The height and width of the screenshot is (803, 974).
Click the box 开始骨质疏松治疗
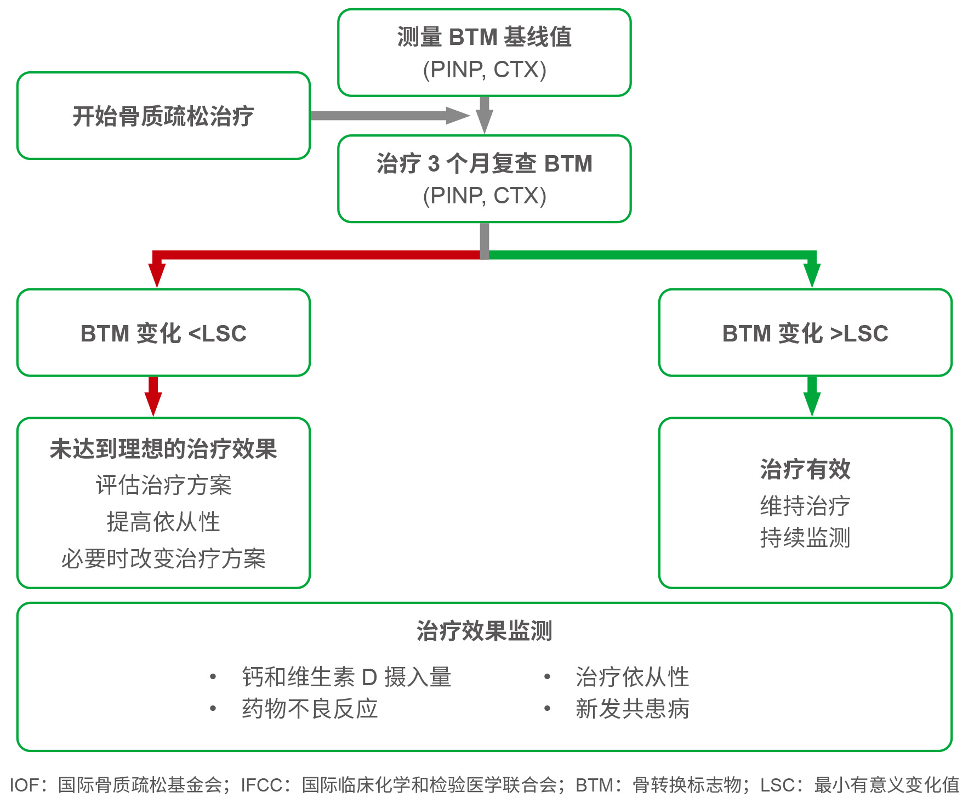pyautogui.click(x=163, y=116)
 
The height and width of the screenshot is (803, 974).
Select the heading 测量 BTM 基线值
pyautogui.click(x=485, y=37)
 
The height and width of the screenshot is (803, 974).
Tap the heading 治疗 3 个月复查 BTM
pyautogui.click(x=485, y=164)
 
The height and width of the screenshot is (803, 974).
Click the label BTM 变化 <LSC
pyautogui.click(x=163, y=333)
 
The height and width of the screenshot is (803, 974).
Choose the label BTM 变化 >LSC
pyautogui.click(x=805, y=333)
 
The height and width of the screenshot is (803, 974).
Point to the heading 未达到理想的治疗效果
pyautogui.click(x=163, y=449)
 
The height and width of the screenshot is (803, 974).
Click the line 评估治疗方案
pyautogui.click(x=163, y=486)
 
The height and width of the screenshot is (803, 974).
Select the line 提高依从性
pyautogui.click(x=163, y=522)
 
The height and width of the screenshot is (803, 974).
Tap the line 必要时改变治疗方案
pyautogui.click(x=163, y=559)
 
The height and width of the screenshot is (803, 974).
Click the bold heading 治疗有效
pyautogui.click(x=805, y=469)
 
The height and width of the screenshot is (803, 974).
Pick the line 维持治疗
pyautogui.click(x=805, y=505)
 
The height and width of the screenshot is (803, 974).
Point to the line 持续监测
pyautogui.click(x=805, y=538)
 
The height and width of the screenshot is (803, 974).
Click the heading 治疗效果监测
pyautogui.click(x=485, y=631)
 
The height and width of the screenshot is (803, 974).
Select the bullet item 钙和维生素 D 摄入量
pyautogui.click(x=346, y=677)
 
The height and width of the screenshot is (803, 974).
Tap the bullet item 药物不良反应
pyautogui.click(x=310, y=709)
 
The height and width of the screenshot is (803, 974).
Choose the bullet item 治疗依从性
pyautogui.click(x=632, y=677)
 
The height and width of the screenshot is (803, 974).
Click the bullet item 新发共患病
pyautogui.click(x=632, y=709)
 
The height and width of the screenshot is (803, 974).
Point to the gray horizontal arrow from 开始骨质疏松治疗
pyautogui.click(x=389, y=116)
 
